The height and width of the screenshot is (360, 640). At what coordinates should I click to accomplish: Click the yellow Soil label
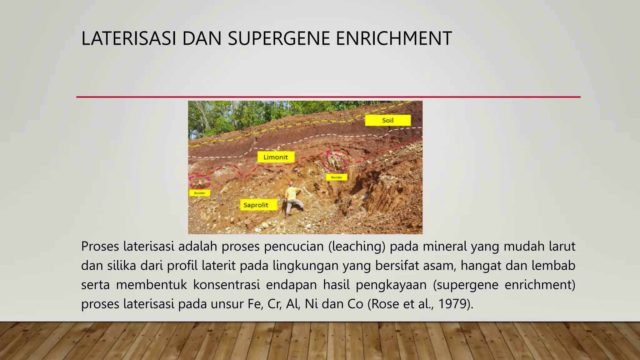tap(387, 120)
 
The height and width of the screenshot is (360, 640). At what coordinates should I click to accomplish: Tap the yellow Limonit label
tap(276, 157)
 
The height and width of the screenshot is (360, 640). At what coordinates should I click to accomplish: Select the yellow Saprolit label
tap(256, 205)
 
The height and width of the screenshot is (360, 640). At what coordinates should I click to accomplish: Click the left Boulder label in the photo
tap(199, 193)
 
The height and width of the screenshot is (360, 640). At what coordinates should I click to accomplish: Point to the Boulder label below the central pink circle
tap(336, 177)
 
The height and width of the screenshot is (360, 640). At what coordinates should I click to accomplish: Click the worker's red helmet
tap(291, 183)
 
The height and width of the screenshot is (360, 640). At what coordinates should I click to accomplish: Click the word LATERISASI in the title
tap(128, 38)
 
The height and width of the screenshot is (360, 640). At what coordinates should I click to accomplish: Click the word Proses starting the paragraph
tap(100, 247)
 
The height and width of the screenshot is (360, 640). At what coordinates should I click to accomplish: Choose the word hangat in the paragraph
tap(481, 266)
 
